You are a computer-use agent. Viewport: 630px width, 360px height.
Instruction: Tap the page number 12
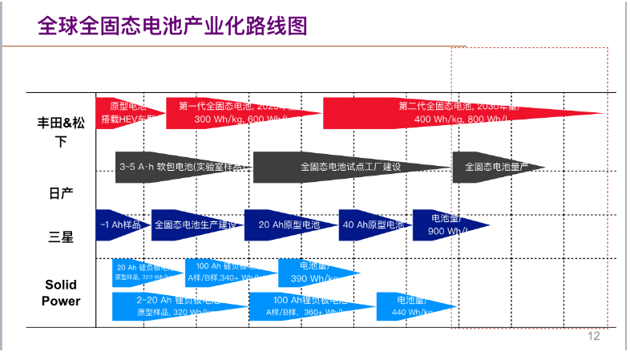tap(593, 336)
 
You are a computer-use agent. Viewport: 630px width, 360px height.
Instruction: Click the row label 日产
tap(61, 193)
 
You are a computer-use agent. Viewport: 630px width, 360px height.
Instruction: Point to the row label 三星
tap(61, 237)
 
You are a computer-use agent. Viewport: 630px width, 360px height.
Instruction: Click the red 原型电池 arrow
tap(127, 113)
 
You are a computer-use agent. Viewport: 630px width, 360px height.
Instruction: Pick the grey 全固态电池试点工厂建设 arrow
tap(349, 167)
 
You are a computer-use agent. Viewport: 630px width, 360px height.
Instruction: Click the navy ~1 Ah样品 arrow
tap(120, 225)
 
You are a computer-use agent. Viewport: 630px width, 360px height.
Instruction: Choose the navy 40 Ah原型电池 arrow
tap(373, 225)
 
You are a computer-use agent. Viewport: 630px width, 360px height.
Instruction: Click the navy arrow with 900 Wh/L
tap(446, 225)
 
